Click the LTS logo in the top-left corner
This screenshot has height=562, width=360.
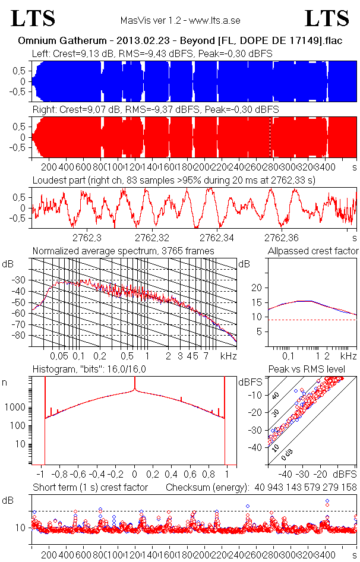point(33,19)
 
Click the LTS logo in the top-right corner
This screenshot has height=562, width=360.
point(327,19)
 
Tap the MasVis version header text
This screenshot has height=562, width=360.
point(180,20)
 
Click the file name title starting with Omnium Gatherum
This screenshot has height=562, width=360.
point(179,42)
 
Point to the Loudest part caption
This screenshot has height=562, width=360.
point(178,180)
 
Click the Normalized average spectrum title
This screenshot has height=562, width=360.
point(122,251)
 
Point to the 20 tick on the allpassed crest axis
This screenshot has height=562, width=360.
point(257,288)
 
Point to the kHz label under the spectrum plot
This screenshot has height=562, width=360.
point(228,356)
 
